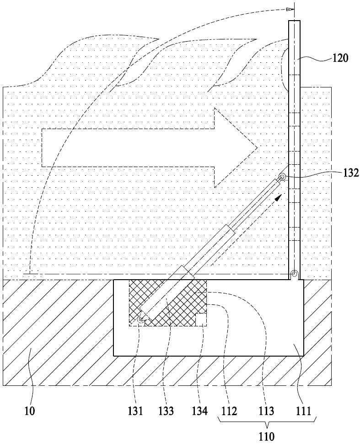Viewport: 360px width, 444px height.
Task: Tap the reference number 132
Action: tap(351, 173)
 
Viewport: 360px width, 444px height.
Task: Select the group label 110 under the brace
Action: tap(266, 436)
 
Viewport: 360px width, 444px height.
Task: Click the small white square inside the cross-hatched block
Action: tap(201, 319)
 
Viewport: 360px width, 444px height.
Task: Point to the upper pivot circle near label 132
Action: tap(282, 178)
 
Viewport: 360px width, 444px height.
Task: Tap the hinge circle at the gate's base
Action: tap(294, 274)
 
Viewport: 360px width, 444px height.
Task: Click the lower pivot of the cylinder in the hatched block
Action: tap(140, 319)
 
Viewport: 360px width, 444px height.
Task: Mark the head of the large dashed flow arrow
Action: tap(257, 147)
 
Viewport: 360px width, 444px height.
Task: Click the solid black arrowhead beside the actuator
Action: tap(279, 197)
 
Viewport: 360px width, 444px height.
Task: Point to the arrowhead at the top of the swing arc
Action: tap(289, 9)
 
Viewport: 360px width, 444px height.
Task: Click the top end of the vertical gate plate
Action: tap(294, 21)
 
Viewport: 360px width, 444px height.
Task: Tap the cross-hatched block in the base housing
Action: tap(168, 303)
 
